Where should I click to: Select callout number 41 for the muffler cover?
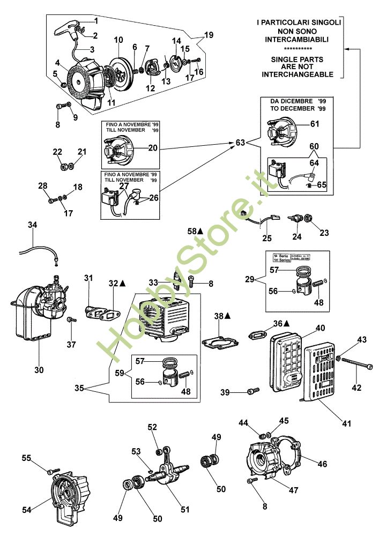pos(346,423)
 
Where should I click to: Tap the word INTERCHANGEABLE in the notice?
pos(298,74)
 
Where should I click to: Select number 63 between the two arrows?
pos(241,143)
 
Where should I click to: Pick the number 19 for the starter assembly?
pos(208,35)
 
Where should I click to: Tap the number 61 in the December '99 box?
pos(314,124)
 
